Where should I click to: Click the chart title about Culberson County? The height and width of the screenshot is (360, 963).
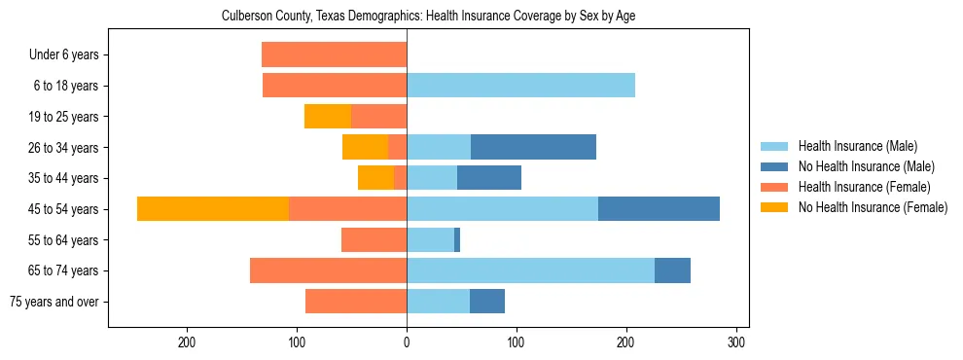pyautogui.click(x=428, y=17)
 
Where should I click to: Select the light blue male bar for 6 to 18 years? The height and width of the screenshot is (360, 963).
pyautogui.click(x=520, y=86)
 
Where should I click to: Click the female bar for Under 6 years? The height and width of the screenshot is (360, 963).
pyautogui.click(x=334, y=54)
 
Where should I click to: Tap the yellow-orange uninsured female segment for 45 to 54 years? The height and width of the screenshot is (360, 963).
pyautogui.click(x=213, y=209)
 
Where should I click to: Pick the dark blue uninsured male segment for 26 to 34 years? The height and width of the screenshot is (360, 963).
pyautogui.click(x=533, y=147)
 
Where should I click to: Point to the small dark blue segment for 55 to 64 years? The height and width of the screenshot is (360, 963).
pyautogui.click(x=457, y=240)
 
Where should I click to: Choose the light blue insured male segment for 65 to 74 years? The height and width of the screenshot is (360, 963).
pyautogui.click(x=530, y=270)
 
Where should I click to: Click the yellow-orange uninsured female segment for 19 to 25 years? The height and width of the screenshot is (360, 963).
pyautogui.click(x=328, y=117)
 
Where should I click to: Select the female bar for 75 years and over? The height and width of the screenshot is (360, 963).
pyautogui.click(x=356, y=302)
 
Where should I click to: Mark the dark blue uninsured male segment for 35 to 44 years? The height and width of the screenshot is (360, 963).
pyautogui.click(x=489, y=178)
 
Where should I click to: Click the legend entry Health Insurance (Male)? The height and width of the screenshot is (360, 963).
pyautogui.click(x=856, y=146)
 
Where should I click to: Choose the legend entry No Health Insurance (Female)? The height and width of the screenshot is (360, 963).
pyautogui.click(x=872, y=207)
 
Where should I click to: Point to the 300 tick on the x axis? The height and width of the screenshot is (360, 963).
pyautogui.click(x=736, y=342)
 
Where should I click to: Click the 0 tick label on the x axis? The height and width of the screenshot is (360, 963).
pyautogui.click(x=407, y=342)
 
